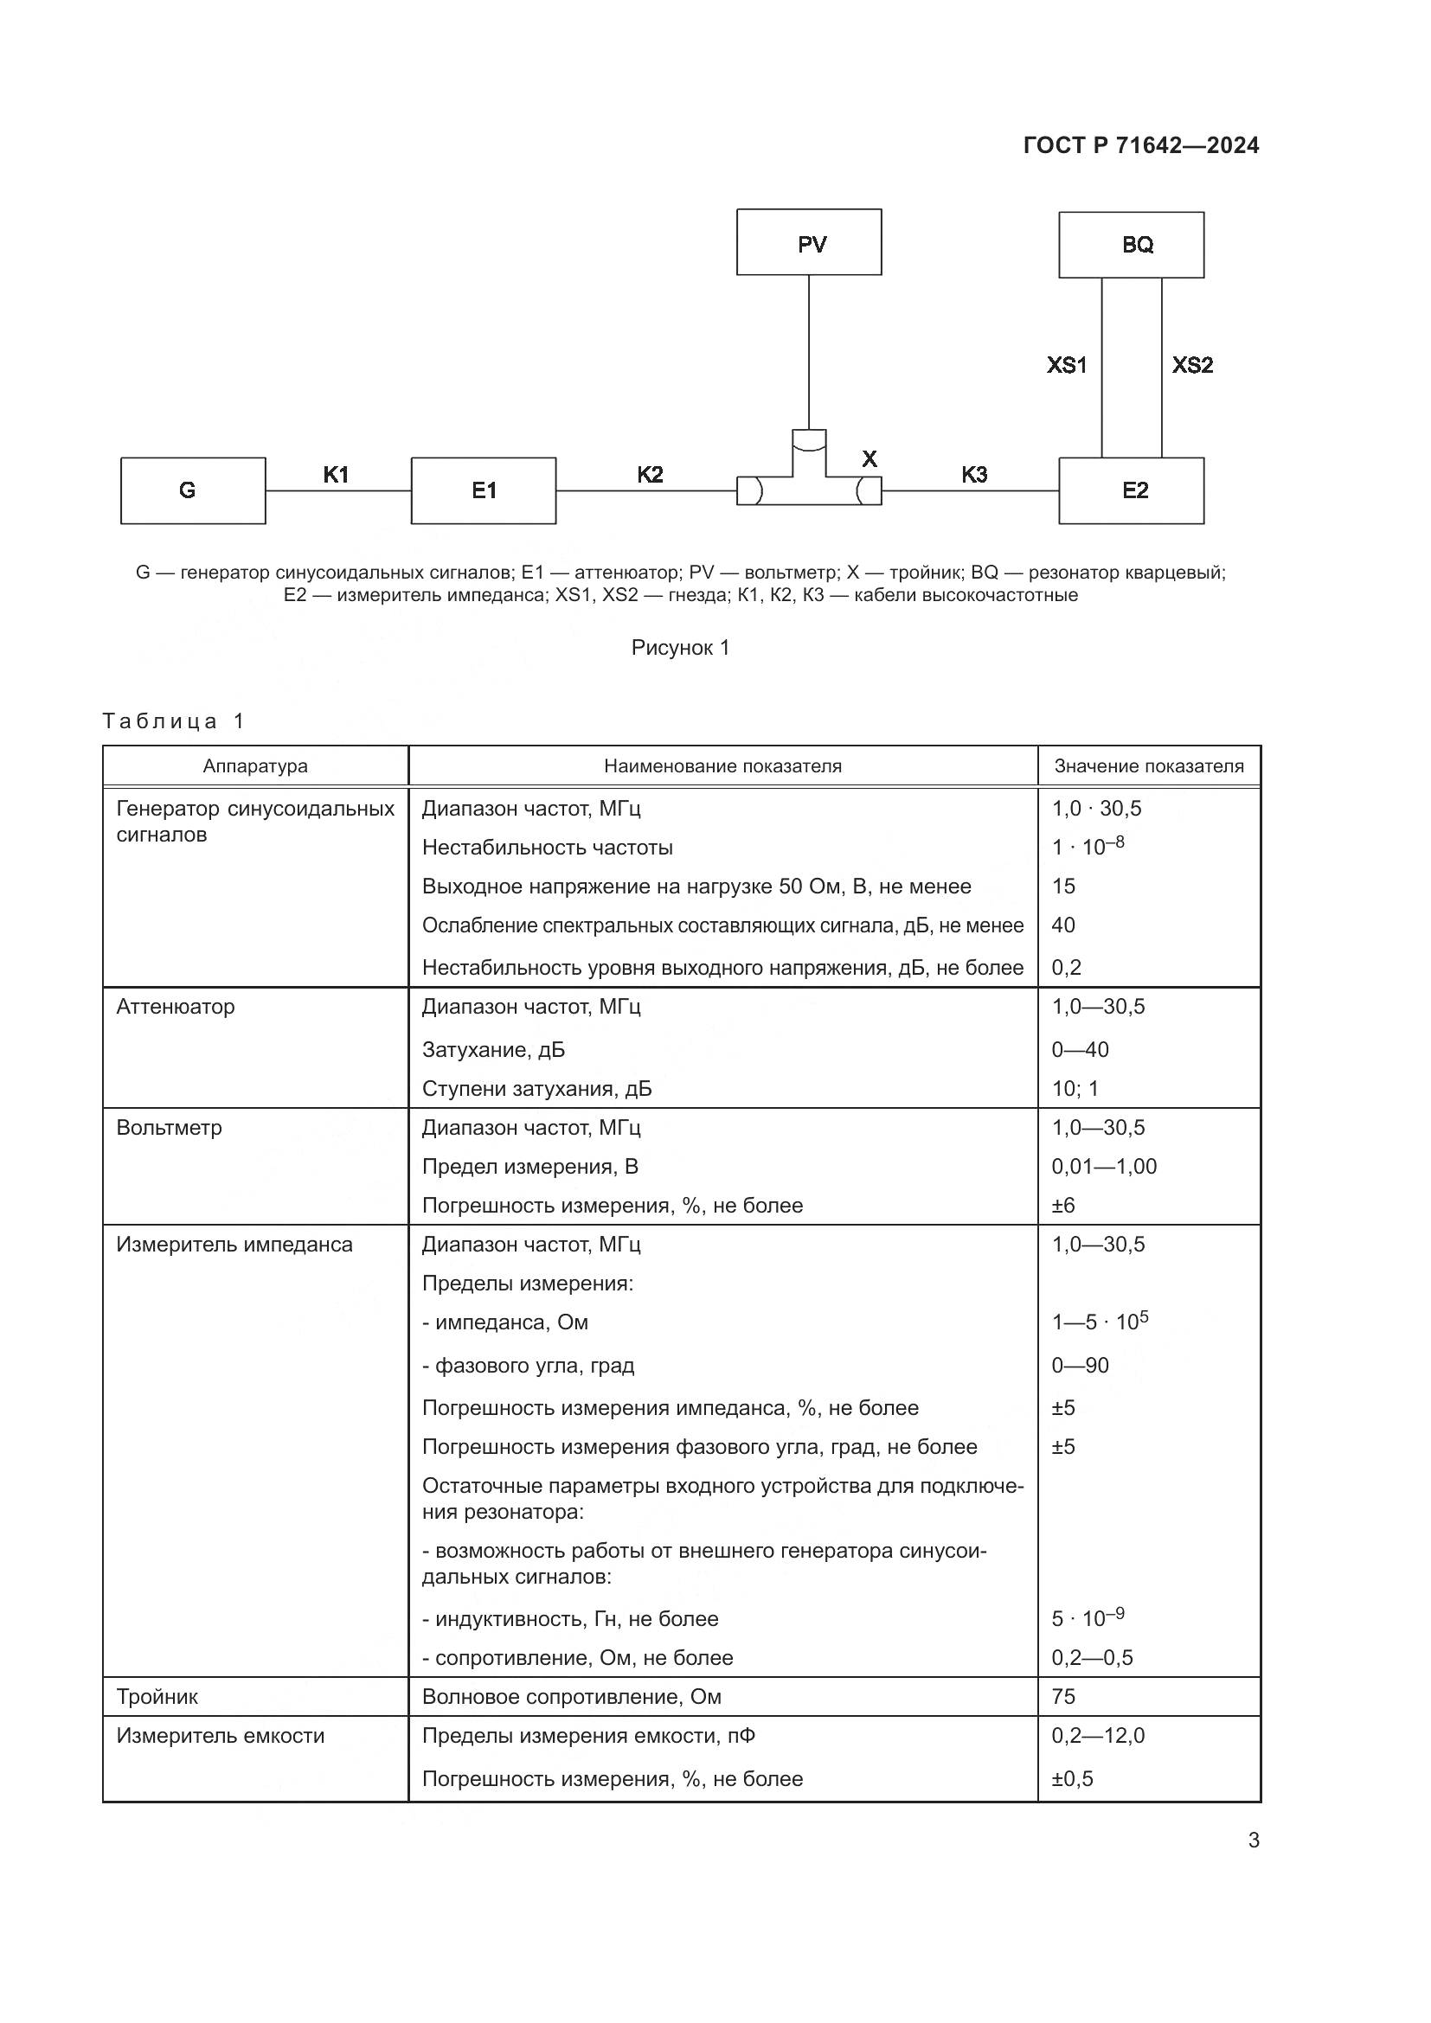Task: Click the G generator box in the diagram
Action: [x=193, y=490]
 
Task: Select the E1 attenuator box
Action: [x=483, y=490]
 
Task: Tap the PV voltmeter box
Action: [x=809, y=242]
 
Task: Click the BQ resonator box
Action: [x=1131, y=245]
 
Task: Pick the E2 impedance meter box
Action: [x=1131, y=490]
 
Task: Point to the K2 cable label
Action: [x=650, y=475]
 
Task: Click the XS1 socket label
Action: [x=1066, y=365]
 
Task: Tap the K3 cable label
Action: [x=973, y=475]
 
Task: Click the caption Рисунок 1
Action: [x=680, y=648]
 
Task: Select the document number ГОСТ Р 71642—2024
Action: [x=1141, y=145]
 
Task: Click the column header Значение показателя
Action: [x=1148, y=765]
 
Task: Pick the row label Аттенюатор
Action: [x=176, y=1006]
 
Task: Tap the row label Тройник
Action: [x=157, y=1696]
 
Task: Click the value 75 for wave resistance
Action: [x=1063, y=1696]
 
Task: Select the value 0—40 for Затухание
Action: [x=1081, y=1049]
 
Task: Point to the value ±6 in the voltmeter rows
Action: [x=1063, y=1205]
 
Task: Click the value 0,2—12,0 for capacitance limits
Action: [x=1098, y=1735]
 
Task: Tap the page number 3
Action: [x=1253, y=1840]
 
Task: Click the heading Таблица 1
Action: [x=173, y=721]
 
